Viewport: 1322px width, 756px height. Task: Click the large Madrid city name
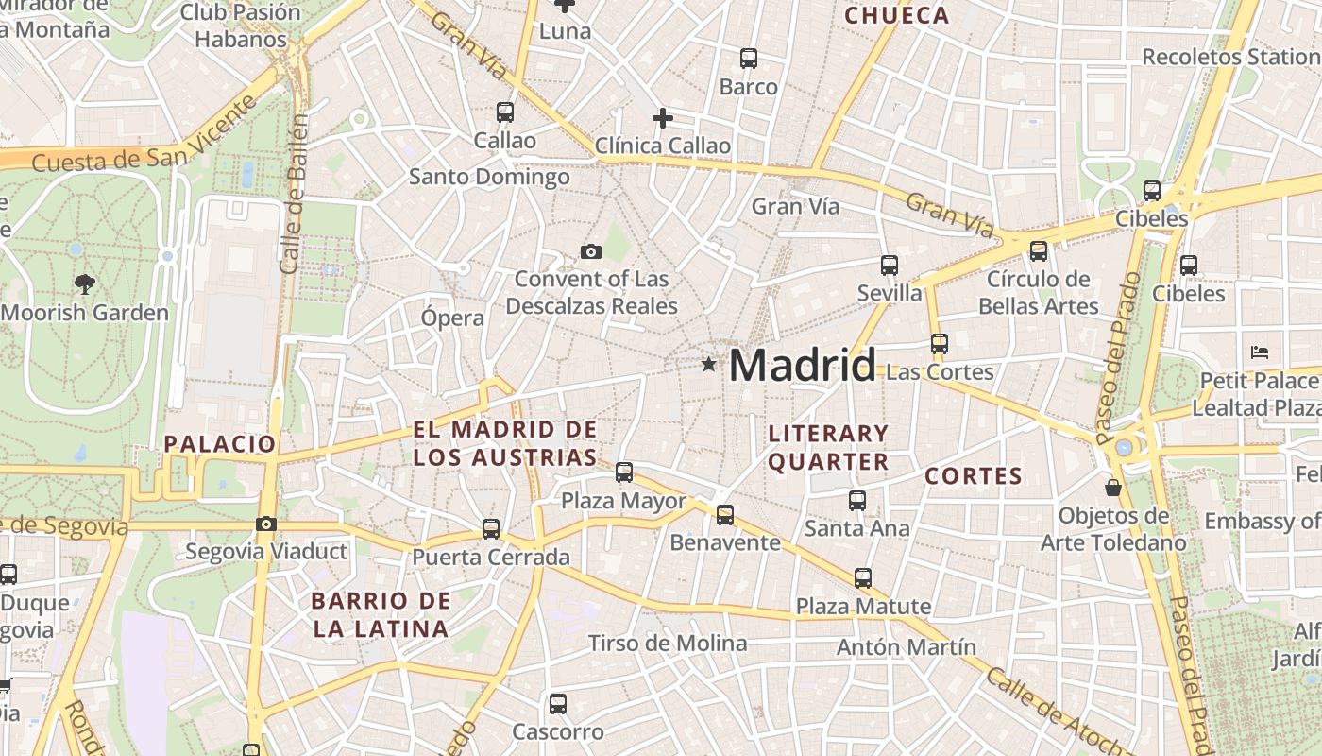803,366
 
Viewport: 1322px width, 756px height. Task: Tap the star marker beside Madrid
708,364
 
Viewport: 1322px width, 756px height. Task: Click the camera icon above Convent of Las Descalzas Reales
591,251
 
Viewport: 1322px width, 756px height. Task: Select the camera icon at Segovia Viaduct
266,524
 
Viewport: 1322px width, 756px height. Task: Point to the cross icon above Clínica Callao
663,118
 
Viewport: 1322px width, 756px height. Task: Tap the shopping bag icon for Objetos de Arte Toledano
1113,488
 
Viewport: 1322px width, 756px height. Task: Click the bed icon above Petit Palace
1259,352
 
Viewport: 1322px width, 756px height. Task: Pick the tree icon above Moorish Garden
84,283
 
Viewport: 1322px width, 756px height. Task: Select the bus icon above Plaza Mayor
624,472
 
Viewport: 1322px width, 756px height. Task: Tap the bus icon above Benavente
725,515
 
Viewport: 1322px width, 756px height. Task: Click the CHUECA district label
896,15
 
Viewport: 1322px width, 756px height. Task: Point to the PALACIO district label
220,443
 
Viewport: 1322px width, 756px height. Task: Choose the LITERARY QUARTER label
828,447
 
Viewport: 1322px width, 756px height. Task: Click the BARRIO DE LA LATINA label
381,614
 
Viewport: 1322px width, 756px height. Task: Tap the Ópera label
452,318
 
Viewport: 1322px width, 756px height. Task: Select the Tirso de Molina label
667,644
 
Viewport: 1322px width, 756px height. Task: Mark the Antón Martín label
907,647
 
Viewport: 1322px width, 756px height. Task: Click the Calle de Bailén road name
295,194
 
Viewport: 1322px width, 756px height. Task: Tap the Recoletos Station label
1230,57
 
